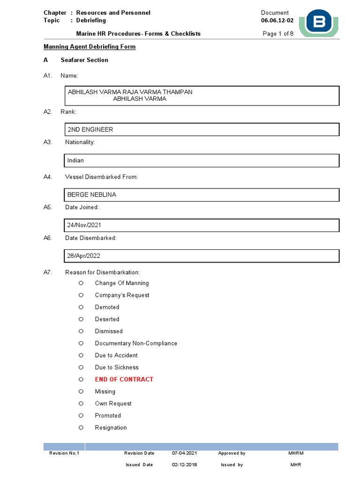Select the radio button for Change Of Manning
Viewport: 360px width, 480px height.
pos(81,283)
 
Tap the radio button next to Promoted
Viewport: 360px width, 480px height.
pos(81,415)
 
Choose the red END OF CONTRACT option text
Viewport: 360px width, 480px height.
pos(124,379)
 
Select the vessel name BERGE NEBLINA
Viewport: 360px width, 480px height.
pos(92,195)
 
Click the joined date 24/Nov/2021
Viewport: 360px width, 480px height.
pos(84,225)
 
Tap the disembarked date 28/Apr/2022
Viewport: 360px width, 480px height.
pos(84,256)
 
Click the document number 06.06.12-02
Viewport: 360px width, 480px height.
pos(277,21)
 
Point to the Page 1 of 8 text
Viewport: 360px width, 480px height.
pos(278,34)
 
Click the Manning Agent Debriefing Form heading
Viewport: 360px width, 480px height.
pos(90,47)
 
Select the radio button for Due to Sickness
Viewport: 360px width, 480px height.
pos(81,367)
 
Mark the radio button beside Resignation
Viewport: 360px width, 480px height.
pos(81,427)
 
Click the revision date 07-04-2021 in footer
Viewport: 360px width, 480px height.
pos(184,453)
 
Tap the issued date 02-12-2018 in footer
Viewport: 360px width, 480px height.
pos(184,465)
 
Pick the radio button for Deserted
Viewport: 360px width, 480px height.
pos(81,319)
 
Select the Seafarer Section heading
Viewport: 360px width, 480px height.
pos(84,60)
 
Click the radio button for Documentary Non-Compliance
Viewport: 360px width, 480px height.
pos(81,343)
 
